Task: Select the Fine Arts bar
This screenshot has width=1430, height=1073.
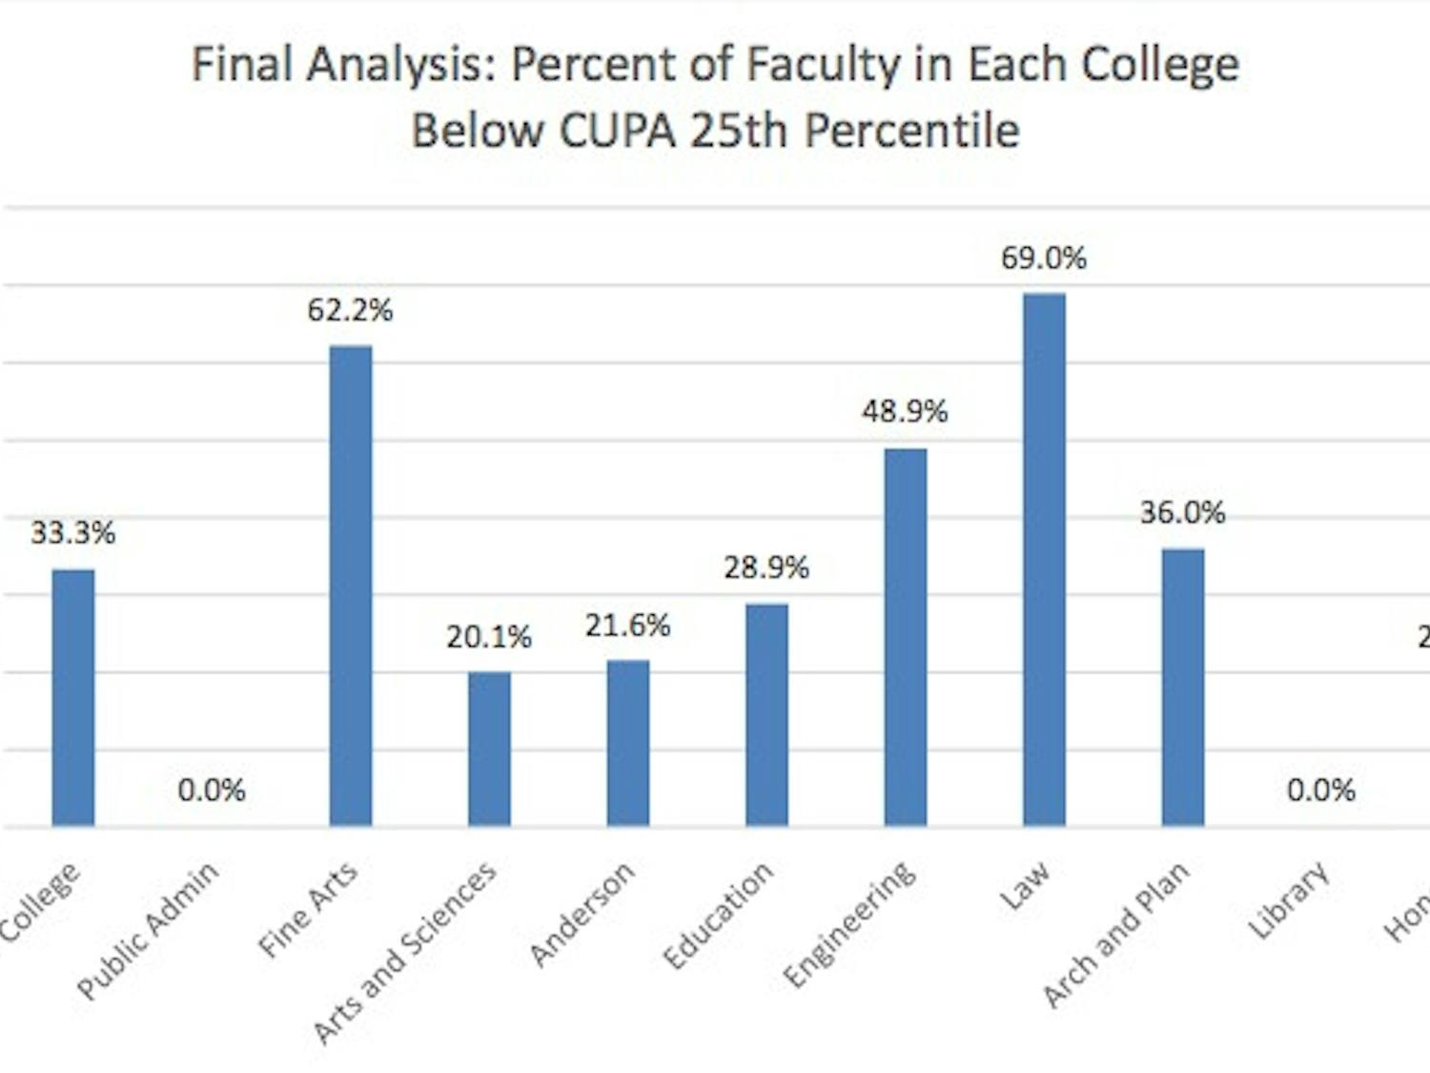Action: (351, 586)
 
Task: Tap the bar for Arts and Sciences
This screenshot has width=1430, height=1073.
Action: (489, 749)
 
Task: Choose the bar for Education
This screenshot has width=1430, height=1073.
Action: (766, 714)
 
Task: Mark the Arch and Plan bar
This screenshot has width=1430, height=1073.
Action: (1182, 687)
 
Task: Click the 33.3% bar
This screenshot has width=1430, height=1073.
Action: (73, 697)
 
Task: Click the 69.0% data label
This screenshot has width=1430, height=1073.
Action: (1044, 258)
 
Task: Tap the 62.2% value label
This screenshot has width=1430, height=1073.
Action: (350, 311)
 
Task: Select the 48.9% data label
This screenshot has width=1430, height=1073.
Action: (905, 412)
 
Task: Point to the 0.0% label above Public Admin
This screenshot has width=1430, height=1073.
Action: (212, 791)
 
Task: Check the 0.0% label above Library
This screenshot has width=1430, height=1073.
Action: (1321, 791)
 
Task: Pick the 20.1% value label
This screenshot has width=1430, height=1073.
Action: (489, 637)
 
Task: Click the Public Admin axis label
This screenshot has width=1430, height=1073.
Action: (148, 929)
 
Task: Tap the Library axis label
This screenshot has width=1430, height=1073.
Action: (1289, 899)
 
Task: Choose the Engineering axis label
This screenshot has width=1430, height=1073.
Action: (849, 922)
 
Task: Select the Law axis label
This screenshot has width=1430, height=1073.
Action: (1025, 885)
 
